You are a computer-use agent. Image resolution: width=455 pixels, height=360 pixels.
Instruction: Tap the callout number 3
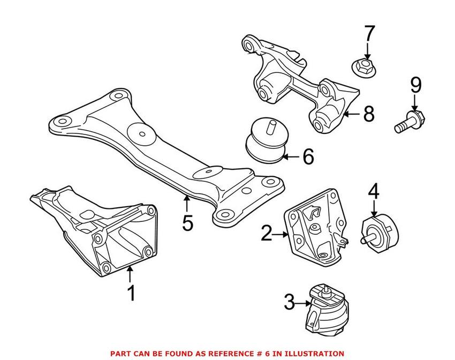pyautogui.click(x=289, y=304)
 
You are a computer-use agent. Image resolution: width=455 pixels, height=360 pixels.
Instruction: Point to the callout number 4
pyautogui.click(x=374, y=191)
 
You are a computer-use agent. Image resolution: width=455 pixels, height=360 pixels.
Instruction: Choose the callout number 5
pyautogui.click(x=187, y=222)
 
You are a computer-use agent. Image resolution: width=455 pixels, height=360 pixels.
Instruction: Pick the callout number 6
pyautogui.click(x=308, y=156)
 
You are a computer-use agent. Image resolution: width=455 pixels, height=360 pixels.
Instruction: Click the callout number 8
pyautogui.click(x=368, y=114)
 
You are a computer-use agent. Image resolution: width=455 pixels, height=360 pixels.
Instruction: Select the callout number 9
pyautogui.click(x=416, y=86)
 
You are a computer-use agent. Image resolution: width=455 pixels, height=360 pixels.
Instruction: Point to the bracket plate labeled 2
pyautogui.click(x=315, y=225)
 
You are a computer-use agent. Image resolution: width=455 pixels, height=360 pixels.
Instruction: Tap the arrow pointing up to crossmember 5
pyautogui.click(x=186, y=203)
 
